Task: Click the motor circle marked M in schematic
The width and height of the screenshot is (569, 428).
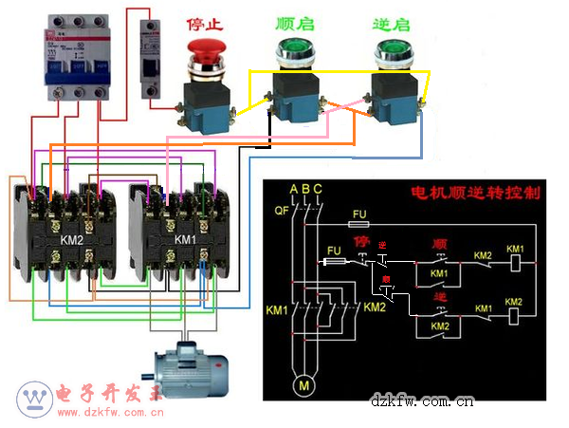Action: tap(303, 384)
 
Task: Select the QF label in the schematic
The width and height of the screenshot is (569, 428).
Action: tap(281, 210)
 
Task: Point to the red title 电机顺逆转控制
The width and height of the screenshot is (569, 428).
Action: tap(474, 193)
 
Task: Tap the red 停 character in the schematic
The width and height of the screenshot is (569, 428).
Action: tap(360, 241)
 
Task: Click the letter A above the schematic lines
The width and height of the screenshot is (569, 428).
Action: tap(294, 189)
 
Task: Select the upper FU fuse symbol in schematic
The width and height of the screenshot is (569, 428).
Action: tap(358, 225)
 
